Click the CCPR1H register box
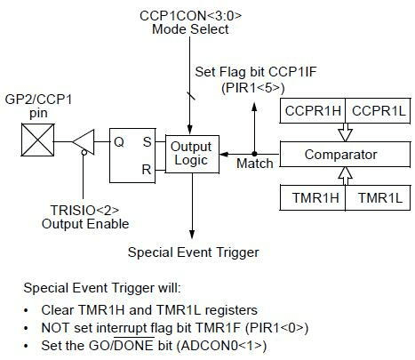click(x=313, y=111)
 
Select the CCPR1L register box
click(x=378, y=111)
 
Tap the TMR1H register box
click(x=313, y=197)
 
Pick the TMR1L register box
click(x=378, y=197)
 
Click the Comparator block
click(x=345, y=154)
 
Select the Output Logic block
click(x=192, y=154)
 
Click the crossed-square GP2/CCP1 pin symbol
click(x=37, y=140)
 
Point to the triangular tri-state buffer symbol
click(x=84, y=142)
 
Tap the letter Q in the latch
click(x=119, y=142)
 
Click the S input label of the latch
click(x=148, y=142)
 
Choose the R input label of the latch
click(x=147, y=170)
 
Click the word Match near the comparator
click(x=255, y=164)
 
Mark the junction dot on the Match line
click(x=254, y=154)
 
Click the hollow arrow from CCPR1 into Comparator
click(x=346, y=132)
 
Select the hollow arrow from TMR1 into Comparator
click(x=346, y=176)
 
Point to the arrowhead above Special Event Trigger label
click(x=192, y=234)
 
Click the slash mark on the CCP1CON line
click(x=191, y=96)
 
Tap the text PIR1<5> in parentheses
click(x=252, y=87)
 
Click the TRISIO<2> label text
click(x=84, y=210)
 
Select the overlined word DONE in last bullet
click(x=134, y=346)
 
